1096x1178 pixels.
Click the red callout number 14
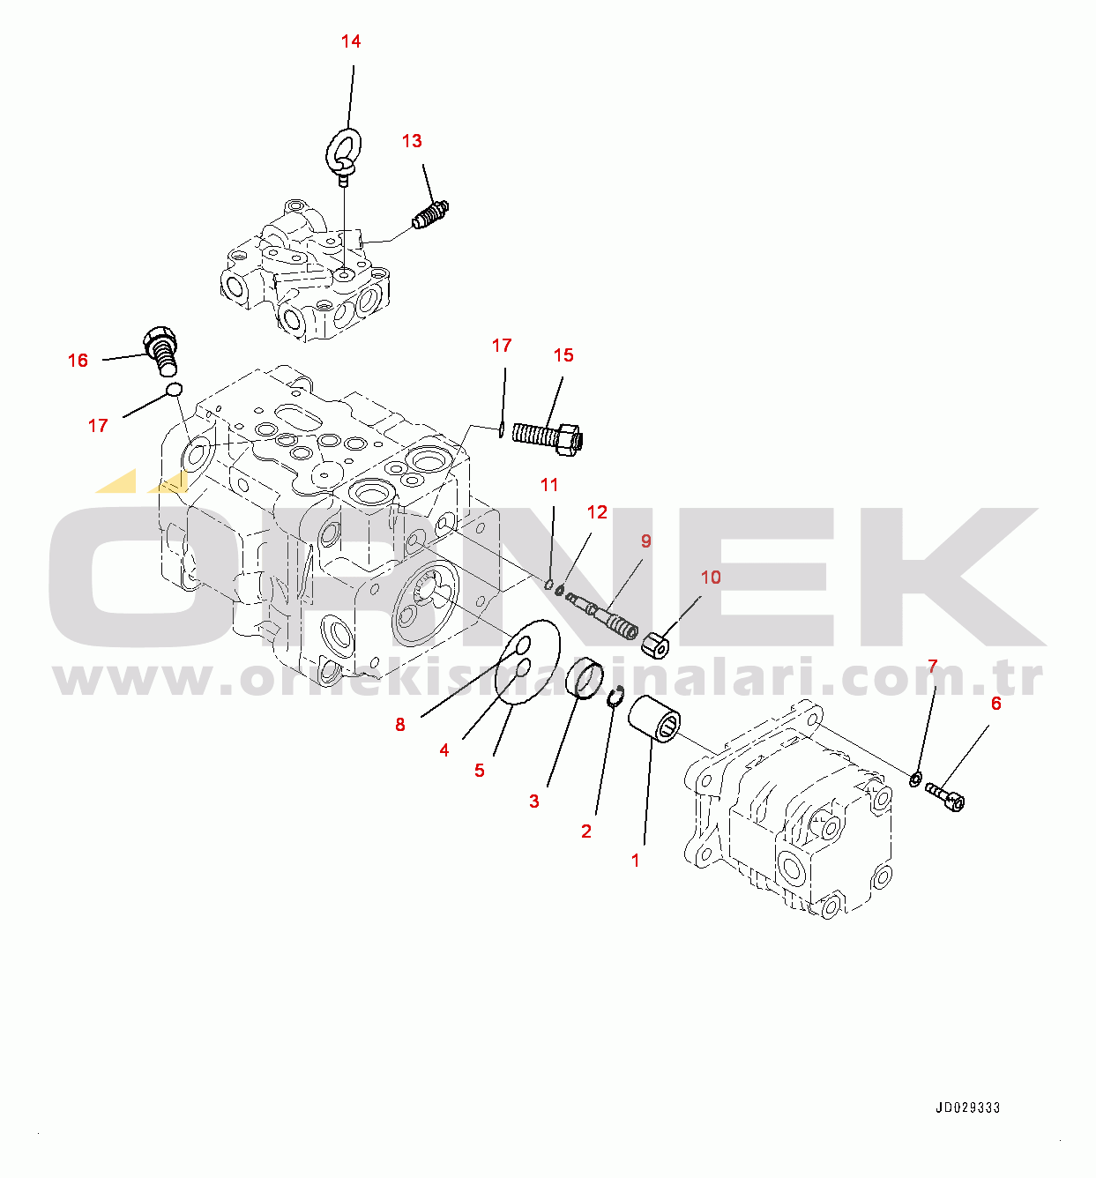pyautogui.click(x=351, y=41)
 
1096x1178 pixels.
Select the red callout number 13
pyautogui.click(x=412, y=141)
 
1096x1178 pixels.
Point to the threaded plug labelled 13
pyautogui.click(x=430, y=215)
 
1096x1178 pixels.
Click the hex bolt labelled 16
pyautogui.click(x=160, y=350)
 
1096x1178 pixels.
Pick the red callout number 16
pyautogui.click(x=78, y=361)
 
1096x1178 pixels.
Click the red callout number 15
pyautogui.click(x=563, y=355)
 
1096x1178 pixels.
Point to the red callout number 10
pyautogui.click(x=711, y=578)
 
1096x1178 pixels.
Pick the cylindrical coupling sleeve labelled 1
pyautogui.click(x=654, y=719)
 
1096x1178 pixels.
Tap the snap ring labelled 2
pyautogui.click(x=616, y=696)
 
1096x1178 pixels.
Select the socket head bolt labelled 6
pyautogui.click(x=944, y=796)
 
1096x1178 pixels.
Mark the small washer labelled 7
pyautogui.click(x=915, y=778)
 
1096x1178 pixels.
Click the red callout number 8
pyautogui.click(x=400, y=724)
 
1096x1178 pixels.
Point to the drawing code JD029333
pyautogui.click(x=968, y=1107)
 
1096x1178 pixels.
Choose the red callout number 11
pyautogui.click(x=549, y=485)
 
